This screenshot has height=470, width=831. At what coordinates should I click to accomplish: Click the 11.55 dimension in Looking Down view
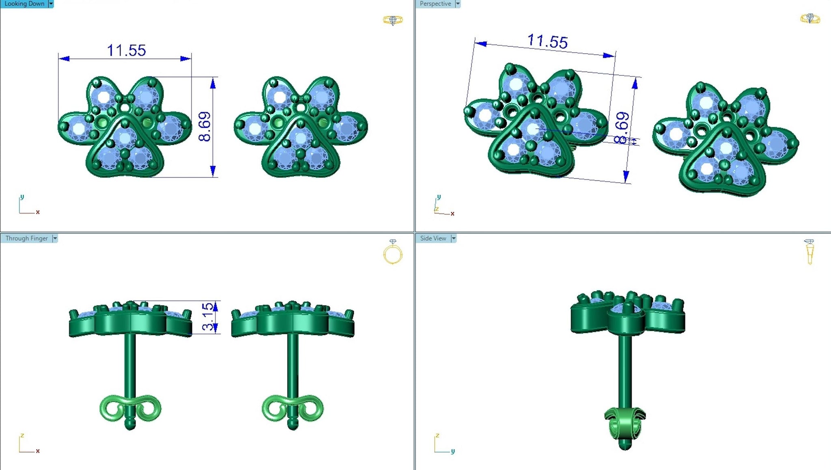126,51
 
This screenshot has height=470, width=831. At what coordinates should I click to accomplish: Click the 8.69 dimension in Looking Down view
205,126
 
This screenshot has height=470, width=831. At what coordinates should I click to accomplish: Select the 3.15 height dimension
208,317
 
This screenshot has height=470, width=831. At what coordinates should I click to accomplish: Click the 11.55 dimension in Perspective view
547,41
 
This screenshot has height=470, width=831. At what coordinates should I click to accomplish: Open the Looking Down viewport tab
24,4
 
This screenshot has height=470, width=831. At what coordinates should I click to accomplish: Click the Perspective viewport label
435,4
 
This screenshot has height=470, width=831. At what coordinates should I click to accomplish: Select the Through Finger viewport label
26,238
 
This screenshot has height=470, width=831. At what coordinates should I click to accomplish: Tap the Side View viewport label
433,238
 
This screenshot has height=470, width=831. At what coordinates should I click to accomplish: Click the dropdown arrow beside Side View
454,238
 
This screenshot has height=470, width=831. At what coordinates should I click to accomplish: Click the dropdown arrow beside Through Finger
55,238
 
